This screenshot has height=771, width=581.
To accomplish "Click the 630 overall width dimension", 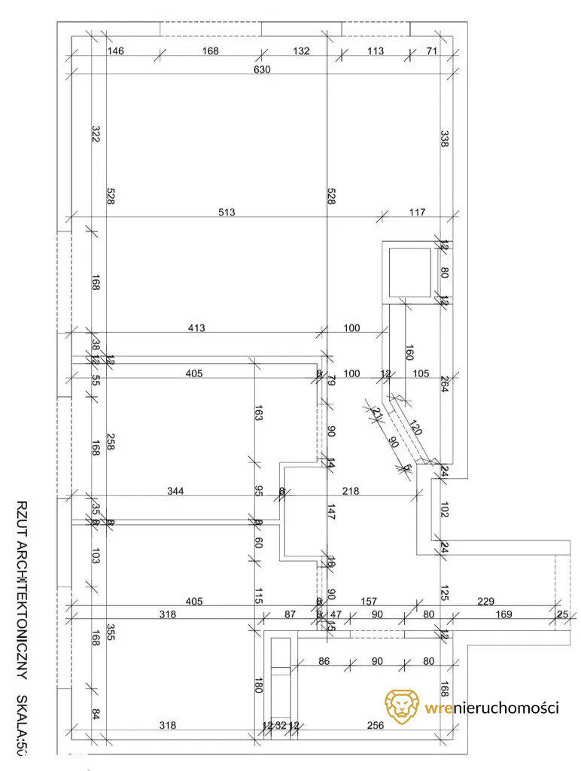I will click(262, 69).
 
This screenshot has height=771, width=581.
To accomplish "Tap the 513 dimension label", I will click(227, 212).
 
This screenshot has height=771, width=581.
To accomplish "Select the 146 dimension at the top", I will click(115, 50).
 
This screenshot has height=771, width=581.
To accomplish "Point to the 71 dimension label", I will click(432, 50).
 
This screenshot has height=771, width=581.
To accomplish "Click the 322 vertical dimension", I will click(96, 134).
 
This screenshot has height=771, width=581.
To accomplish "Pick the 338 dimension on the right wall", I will click(444, 139).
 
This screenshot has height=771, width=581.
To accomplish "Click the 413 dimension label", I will click(196, 328).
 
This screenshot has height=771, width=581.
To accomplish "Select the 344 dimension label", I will click(175, 491).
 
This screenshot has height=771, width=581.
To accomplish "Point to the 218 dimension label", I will click(351, 491).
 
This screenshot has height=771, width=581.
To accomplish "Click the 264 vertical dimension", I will click(444, 384).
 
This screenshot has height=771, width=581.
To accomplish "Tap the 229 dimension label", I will click(485, 600).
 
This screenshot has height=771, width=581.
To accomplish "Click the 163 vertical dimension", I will click(258, 413).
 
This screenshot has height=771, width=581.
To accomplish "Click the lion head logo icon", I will click(401, 706).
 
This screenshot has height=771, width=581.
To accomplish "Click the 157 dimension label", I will click(369, 600).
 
